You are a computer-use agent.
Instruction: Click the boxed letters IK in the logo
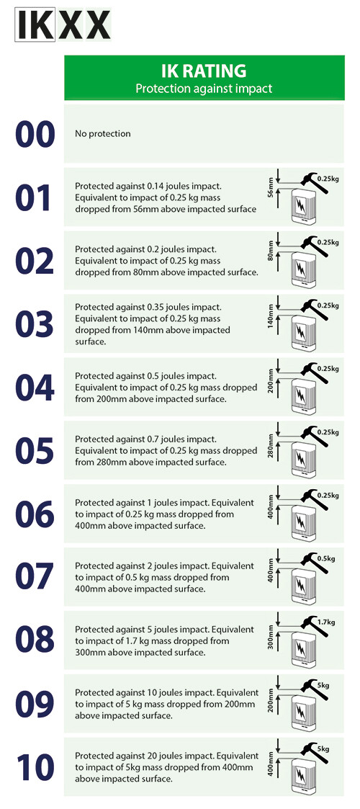(35, 25)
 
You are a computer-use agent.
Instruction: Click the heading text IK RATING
(204, 71)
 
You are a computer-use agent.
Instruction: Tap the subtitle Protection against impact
(204, 88)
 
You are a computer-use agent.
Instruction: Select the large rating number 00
(35, 134)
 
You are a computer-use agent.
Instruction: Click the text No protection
(103, 133)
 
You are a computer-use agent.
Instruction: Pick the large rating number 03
(35, 324)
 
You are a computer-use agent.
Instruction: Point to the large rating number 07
(35, 577)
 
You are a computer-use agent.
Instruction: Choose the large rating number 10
(35, 766)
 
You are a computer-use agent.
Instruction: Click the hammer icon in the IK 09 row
(314, 689)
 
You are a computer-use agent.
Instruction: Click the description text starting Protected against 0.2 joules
(166, 260)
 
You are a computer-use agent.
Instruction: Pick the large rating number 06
(35, 514)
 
